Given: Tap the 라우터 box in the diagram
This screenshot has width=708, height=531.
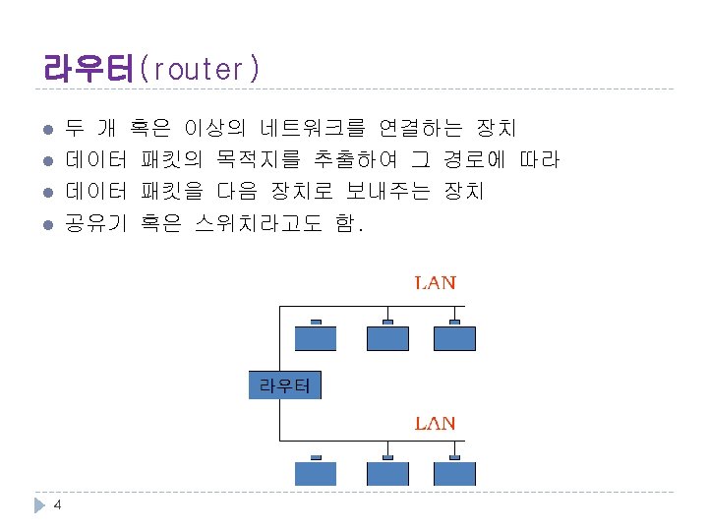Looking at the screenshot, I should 283,385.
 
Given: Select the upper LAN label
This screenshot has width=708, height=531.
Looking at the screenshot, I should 435,282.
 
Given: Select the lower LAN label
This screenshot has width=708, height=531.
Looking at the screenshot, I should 435,424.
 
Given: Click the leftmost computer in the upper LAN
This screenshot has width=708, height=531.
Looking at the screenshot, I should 316,338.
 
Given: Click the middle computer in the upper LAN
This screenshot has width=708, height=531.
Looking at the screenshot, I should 387,338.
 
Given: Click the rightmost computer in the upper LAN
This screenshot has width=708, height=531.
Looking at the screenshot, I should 454,338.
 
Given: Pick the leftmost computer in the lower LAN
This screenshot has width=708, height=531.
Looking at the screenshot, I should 316,473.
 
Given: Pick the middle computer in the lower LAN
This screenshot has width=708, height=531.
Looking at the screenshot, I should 387,473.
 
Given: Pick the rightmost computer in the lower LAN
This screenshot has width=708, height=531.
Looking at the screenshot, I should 454,473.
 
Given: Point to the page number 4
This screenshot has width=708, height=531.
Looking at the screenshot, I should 58,505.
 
